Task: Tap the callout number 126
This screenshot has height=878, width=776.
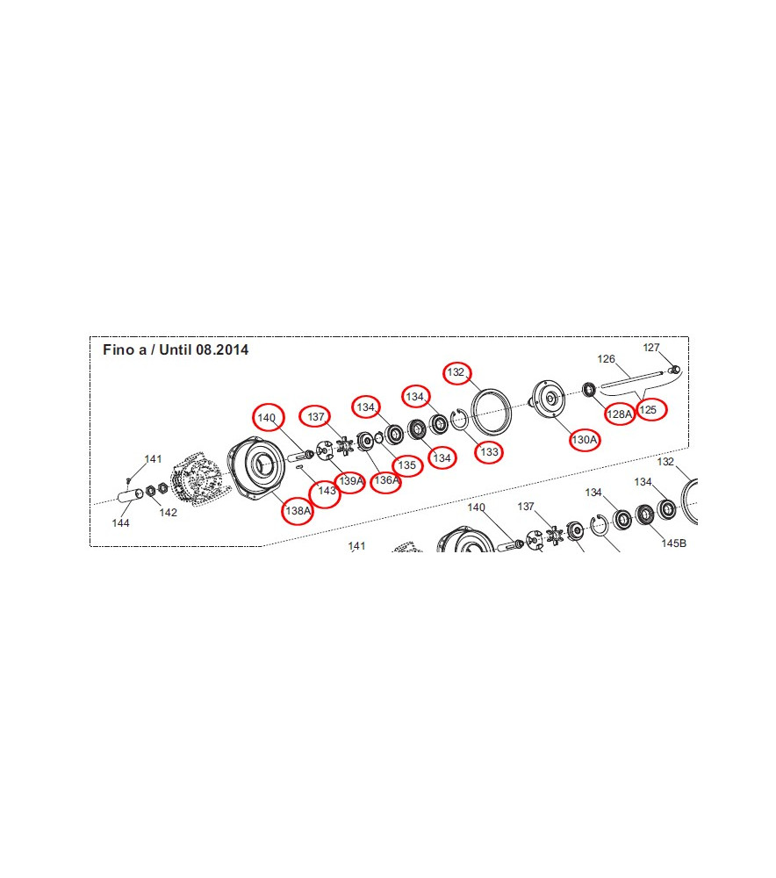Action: click(606, 359)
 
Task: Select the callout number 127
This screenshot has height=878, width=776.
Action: click(651, 348)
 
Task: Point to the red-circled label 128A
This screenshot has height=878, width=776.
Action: click(620, 414)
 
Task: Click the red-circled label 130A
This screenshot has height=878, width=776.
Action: click(585, 440)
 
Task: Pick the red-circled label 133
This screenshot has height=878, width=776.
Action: click(489, 452)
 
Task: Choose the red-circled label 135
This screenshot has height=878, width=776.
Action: click(407, 464)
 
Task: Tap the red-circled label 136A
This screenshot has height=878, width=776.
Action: click(386, 480)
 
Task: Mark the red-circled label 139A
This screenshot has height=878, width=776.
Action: click(351, 481)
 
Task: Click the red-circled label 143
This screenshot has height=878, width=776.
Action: click(326, 491)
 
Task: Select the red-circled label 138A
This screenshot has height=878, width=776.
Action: click(298, 511)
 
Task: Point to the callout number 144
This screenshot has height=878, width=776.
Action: click(120, 523)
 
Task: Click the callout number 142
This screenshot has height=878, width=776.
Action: click(168, 513)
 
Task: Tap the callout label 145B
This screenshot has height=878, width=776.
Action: click(673, 543)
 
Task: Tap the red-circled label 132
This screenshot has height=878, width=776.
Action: click(456, 372)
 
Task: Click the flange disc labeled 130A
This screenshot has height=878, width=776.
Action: click(548, 399)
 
